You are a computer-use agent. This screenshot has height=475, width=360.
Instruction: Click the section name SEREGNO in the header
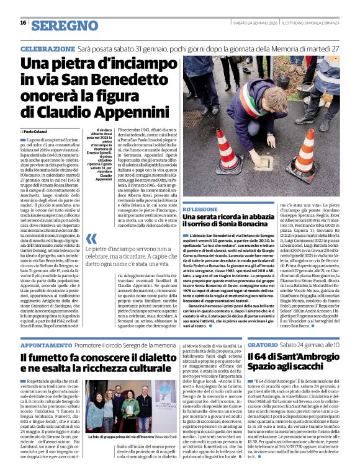coord(60,25)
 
